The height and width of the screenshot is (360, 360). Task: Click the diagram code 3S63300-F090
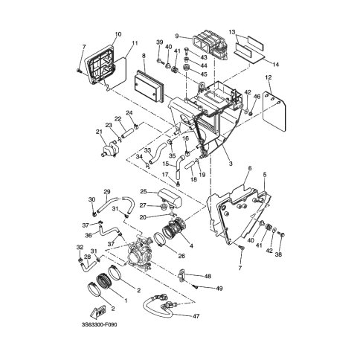point(99,325)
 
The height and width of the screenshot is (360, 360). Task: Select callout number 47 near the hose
point(196,316)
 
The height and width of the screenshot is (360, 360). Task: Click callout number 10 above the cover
point(118,34)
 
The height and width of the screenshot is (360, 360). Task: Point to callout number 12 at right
point(269,77)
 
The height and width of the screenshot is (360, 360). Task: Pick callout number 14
point(276,65)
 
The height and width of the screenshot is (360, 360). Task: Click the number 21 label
point(99,132)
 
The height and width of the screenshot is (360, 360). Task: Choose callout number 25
point(144,192)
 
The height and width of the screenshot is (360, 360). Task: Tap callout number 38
point(279,254)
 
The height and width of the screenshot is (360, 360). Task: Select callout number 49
point(219,289)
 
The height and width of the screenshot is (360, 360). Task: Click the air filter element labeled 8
point(149,86)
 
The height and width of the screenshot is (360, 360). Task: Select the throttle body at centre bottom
point(140,252)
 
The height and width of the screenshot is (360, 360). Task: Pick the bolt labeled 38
point(281,234)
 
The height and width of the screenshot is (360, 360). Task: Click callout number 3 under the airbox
point(231,164)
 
